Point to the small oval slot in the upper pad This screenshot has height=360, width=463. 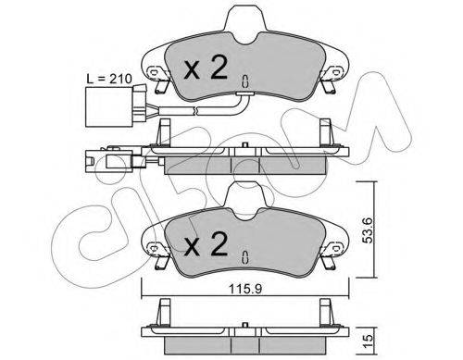[243, 80]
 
